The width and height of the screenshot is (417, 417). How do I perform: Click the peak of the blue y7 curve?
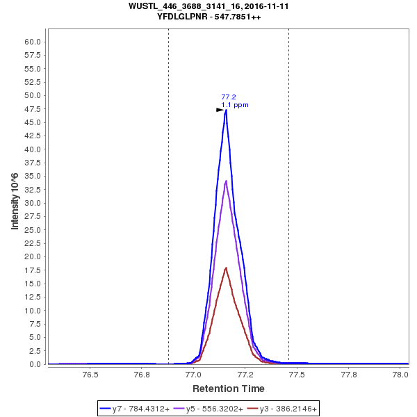(x=226, y=110)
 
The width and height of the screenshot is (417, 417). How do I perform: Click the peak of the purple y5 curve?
(x=226, y=181)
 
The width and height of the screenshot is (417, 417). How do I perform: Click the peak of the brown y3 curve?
(x=226, y=268)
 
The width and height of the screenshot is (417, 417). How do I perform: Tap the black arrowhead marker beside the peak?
(x=220, y=110)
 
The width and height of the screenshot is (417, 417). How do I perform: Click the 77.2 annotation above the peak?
(x=229, y=97)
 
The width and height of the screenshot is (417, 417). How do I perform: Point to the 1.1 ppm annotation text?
(x=235, y=105)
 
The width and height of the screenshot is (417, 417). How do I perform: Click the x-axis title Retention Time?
(x=228, y=388)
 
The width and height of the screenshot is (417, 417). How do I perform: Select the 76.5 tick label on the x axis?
(x=90, y=374)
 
